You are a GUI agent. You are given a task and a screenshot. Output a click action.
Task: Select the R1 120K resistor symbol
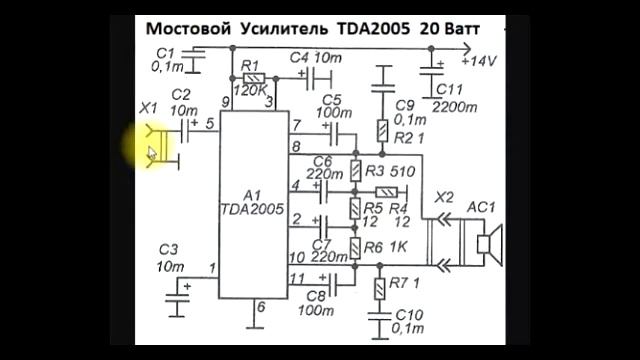[x=254, y=78]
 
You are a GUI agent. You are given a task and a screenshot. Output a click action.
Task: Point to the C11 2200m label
[x=456, y=97]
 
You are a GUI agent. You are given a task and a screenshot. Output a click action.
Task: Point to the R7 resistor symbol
[x=378, y=288]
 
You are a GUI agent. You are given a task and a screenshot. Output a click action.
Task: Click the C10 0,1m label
[x=409, y=321]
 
